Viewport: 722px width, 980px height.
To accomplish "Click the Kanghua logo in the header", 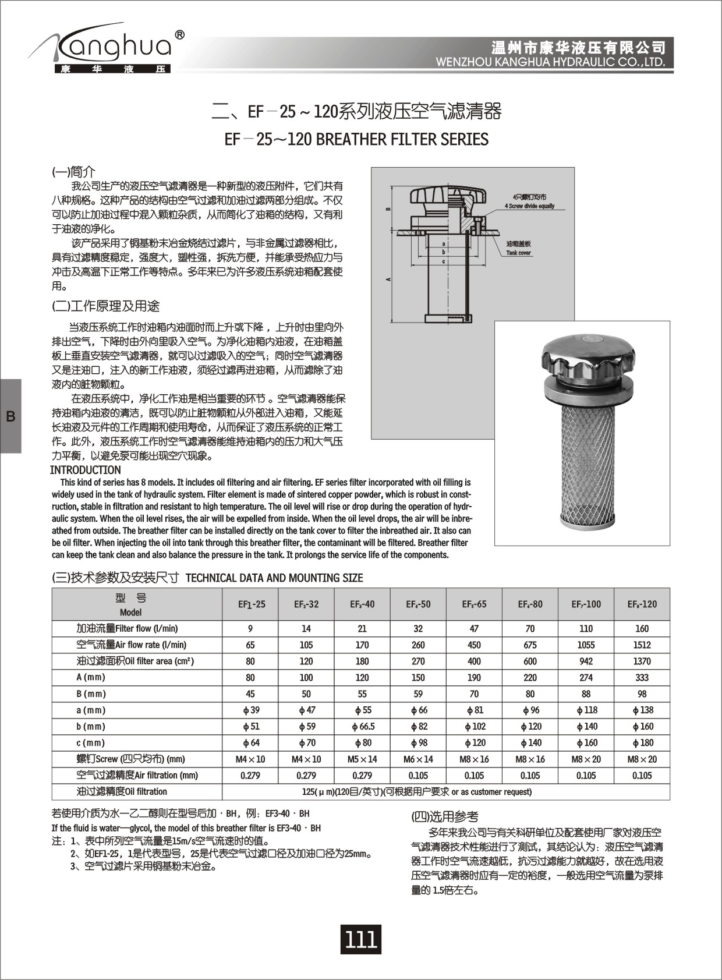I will (x=108, y=49).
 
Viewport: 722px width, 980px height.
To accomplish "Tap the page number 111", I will (x=361, y=939).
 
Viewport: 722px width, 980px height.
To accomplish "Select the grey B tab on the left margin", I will (x=10, y=416).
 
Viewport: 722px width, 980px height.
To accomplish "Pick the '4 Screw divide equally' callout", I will (x=529, y=206).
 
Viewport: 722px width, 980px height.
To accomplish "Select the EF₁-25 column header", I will (x=251, y=604).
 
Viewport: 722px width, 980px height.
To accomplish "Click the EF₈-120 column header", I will (x=642, y=604).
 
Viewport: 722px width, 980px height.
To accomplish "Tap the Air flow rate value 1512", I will (x=642, y=645).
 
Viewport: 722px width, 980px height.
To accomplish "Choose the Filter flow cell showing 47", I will (x=474, y=628).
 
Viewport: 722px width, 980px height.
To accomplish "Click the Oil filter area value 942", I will (x=586, y=661).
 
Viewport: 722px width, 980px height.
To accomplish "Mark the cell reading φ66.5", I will (x=362, y=726).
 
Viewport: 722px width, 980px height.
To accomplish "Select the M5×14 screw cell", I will (x=362, y=759).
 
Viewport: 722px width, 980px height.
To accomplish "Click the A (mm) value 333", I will (x=642, y=677).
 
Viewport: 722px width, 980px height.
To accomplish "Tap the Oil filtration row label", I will (x=122, y=791).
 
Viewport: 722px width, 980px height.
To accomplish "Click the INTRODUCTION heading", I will (x=86, y=470).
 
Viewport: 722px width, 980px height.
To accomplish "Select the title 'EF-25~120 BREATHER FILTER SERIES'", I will (x=356, y=140).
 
